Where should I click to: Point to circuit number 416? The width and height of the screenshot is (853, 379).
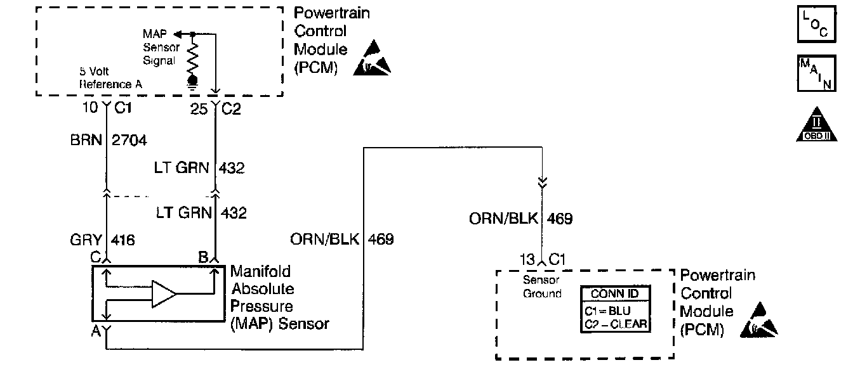pos(123,240)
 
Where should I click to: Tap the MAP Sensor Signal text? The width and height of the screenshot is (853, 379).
pos(161,47)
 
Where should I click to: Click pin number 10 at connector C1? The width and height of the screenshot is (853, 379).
pos(91,108)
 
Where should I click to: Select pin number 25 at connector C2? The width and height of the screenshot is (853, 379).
pos(199,108)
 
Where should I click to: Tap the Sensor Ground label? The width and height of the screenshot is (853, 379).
pos(541,286)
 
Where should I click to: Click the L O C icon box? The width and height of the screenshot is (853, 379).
pos(814,24)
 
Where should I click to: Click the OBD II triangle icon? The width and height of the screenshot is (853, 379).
pos(814,125)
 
